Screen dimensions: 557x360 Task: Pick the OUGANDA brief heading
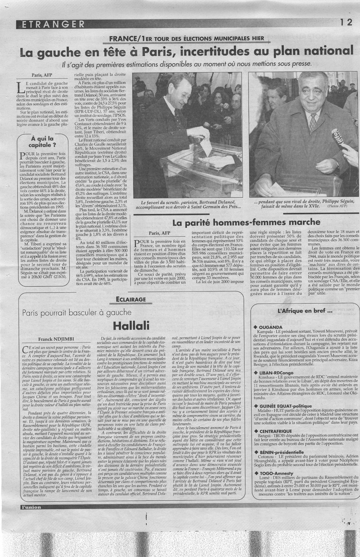(271, 327)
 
